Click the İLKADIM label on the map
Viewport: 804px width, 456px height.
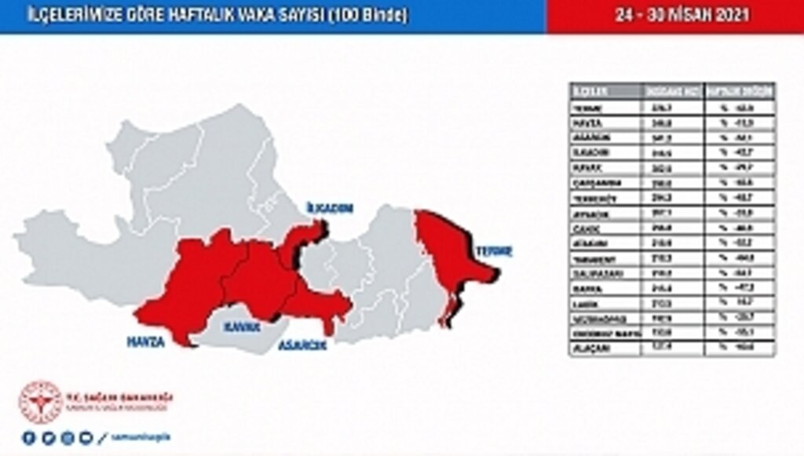[329, 208]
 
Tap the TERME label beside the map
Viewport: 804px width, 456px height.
[493, 251]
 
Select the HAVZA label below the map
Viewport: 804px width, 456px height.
[145, 341]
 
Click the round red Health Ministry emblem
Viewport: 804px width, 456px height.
[40, 403]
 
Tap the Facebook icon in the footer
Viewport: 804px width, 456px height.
[29, 438]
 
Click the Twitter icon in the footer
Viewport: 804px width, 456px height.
[48, 438]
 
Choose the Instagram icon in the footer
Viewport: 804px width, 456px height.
[68, 438]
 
